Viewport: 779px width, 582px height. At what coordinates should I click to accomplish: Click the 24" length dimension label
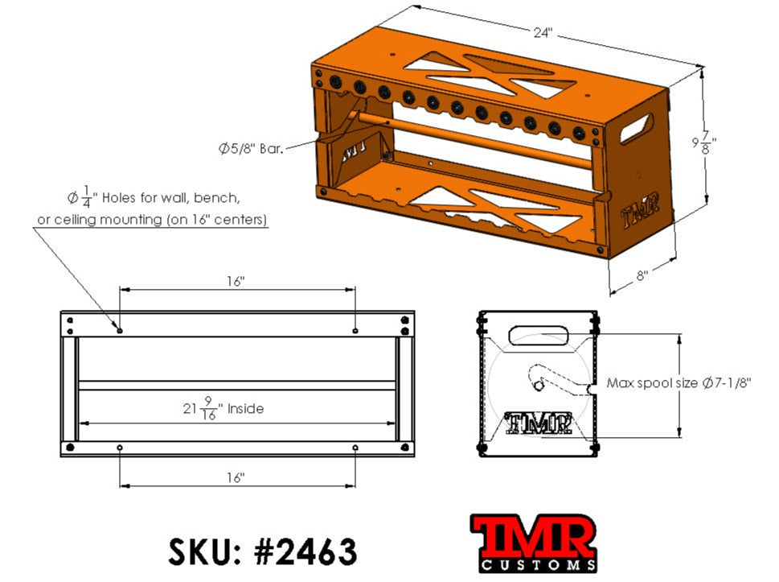pyautogui.click(x=543, y=33)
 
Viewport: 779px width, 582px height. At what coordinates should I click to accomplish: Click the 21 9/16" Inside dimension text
pyautogui.click(x=223, y=409)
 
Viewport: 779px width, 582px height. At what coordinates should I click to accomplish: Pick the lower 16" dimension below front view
pyautogui.click(x=236, y=477)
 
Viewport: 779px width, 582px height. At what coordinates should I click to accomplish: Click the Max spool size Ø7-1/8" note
pyautogui.click(x=678, y=384)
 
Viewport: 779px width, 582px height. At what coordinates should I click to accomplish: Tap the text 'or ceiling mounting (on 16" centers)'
pyautogui.click(x=153, y=220)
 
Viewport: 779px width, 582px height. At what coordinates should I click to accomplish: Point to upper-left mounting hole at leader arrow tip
pyautogui.click(x=120, y=330)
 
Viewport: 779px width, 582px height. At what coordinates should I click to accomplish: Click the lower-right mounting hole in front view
pyautogui.click(x=355, y=448)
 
